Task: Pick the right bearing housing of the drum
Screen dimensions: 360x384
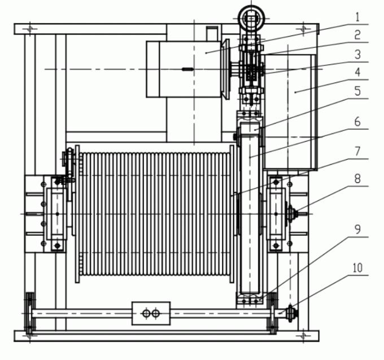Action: [276, 214]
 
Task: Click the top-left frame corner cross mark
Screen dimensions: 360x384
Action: [32, 28]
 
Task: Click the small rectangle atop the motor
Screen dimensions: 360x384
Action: [211, 33]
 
